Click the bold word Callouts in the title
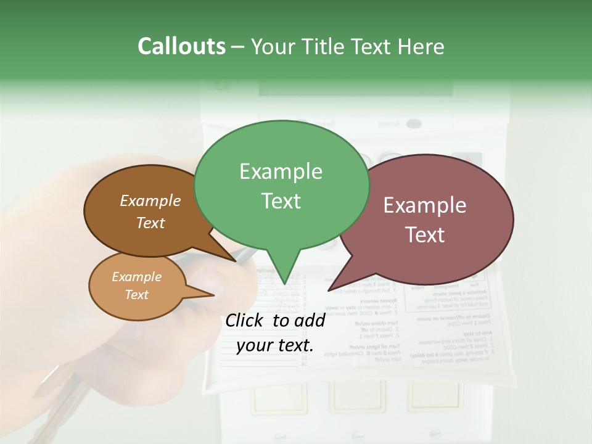pos(181,46)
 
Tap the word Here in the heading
pos(419,46)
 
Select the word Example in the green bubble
pos(281,171)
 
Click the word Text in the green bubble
pos(281,201)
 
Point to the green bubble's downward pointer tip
pos(284,283)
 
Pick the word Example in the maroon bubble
pos(425,205)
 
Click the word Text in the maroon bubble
pos(425,235)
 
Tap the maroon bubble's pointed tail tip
pos(329,290)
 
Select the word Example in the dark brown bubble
pos(150,200)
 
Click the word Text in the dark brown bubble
pos(150,223)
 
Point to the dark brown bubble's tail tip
pos(237,260)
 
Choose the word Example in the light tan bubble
pos(137,277)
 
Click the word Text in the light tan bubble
pos(137,295)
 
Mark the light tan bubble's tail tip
pos(215,295)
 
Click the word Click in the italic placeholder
pos(245,320)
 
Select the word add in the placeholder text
pos(310,320)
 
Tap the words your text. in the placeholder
pos(275,346)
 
